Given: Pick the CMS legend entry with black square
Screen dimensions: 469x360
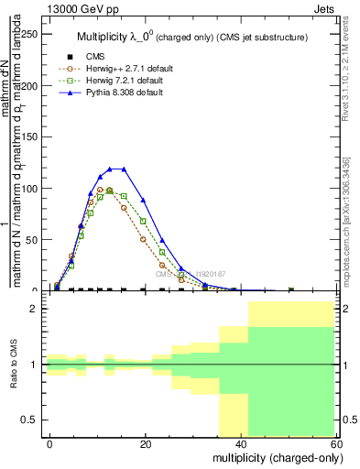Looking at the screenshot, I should click(x=83, y=55).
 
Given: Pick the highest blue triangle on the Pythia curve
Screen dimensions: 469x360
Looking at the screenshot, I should click(x=111, y=169).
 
